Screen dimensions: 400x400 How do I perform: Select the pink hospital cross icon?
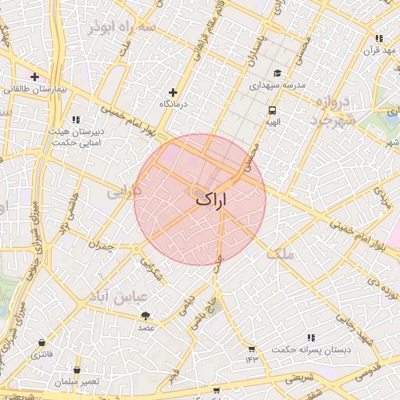[x=34, y=77]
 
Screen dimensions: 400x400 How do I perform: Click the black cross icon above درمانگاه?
[x=173, y=92]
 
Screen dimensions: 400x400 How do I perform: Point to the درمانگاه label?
[x=175, y=104]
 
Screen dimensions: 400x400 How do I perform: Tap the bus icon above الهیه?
[x=272, y=110]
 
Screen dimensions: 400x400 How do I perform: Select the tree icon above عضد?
[x=146, y=315]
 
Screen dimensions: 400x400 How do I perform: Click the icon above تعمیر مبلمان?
[x=77, y=370]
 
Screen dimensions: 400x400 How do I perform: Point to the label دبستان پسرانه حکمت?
[x=310, y=349]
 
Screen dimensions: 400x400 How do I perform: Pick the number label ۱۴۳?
[x=251, y=359]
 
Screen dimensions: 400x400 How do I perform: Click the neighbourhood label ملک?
[x=280, y=255]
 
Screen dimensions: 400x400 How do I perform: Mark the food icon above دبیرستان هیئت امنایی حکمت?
[x=76, y=120]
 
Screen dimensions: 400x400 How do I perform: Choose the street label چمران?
[x=101, y=246]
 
